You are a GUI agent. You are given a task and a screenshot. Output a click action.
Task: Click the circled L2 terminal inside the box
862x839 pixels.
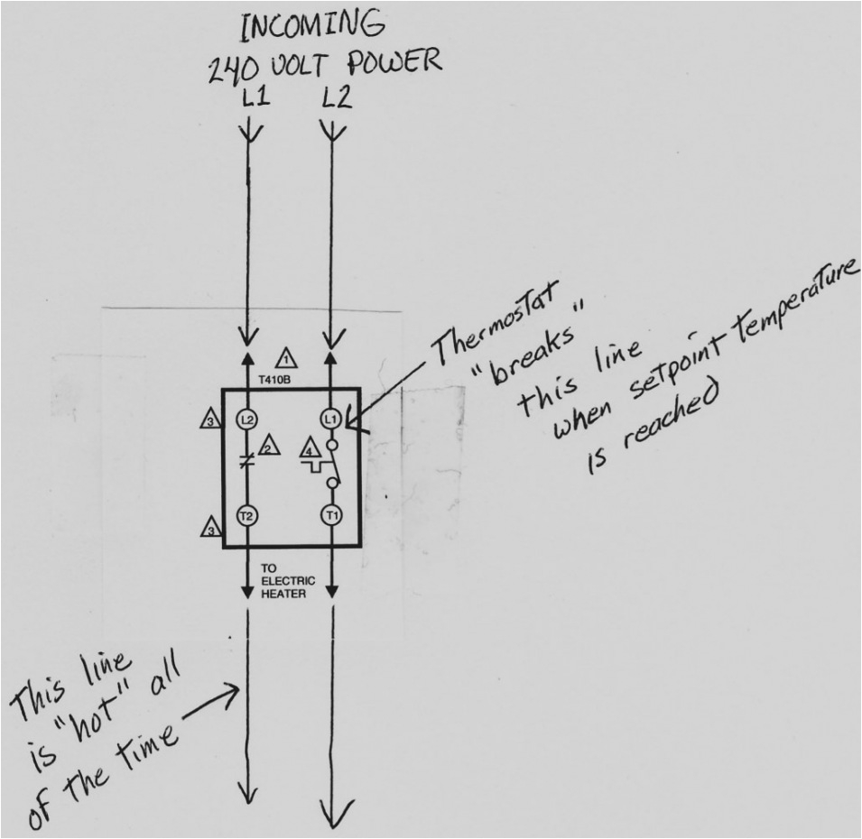click(246, 419)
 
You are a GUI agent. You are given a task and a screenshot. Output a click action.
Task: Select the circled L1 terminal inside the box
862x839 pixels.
click(331, 419)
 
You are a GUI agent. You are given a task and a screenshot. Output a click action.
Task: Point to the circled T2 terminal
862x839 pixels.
click(246, 515)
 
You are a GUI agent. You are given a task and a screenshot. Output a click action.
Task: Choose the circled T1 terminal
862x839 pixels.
click(331, 515)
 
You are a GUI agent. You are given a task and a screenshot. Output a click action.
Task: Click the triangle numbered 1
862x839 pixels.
click(286, 356)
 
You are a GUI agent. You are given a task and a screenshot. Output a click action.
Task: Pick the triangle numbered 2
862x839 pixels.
click(268, 447)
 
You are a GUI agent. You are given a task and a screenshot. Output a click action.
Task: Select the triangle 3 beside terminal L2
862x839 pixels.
click(209, 419)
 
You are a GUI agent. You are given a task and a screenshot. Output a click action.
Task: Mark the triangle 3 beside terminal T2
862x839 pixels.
click(209, 527)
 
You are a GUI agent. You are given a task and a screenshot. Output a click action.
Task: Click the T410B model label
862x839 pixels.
click(273, 380)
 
